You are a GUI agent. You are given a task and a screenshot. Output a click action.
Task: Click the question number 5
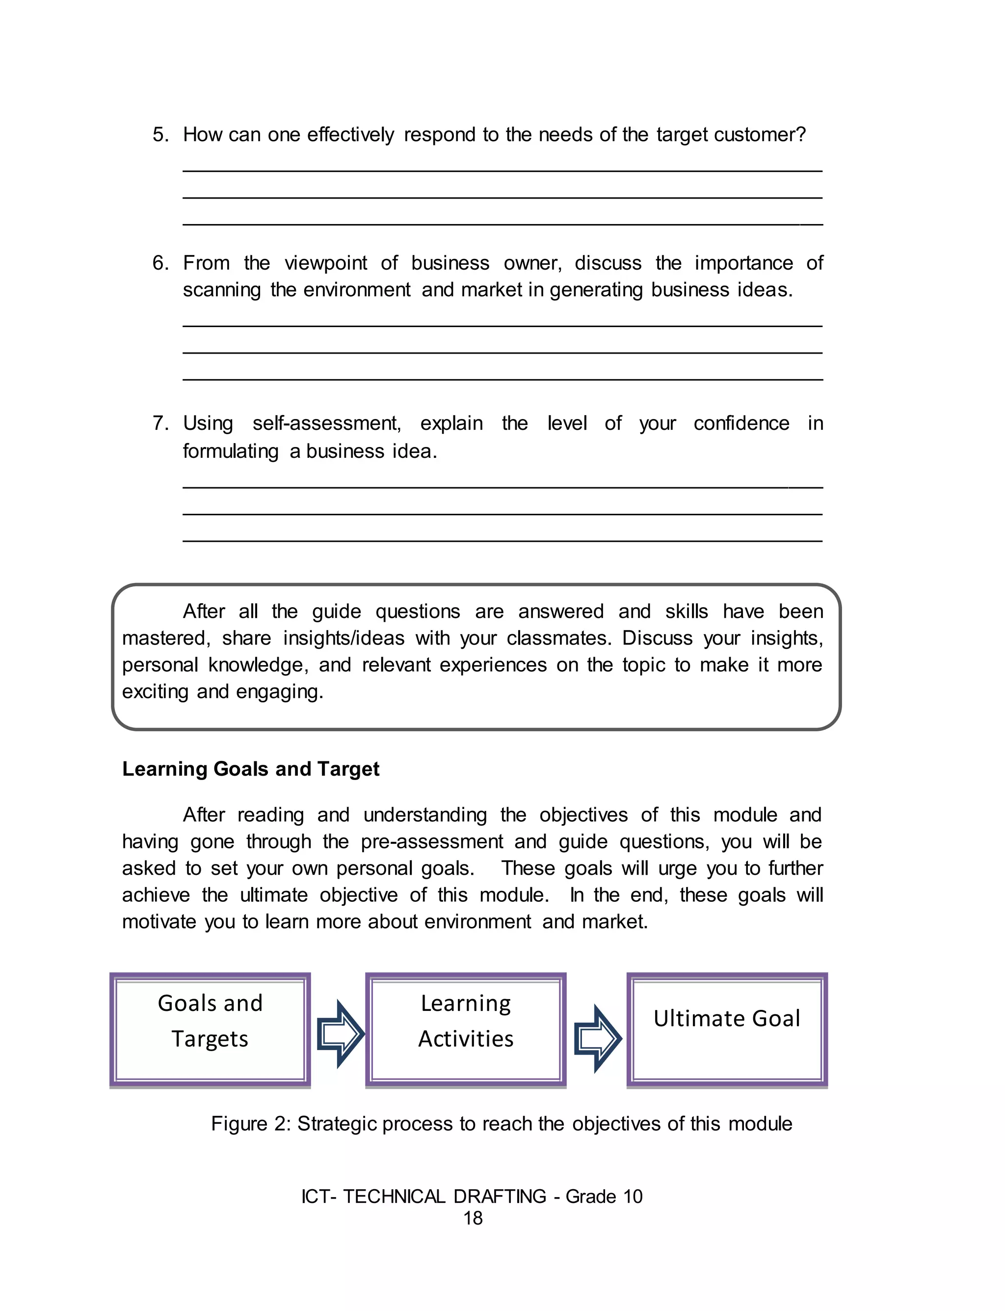coord(160,134)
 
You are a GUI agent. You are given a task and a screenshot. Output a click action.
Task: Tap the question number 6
coord(160,263)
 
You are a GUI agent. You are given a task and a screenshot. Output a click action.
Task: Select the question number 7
coord(160,423)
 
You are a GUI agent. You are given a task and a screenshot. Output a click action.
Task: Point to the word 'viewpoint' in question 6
coord(326,263)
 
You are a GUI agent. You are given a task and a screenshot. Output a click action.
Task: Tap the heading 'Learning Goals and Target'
coord(251,769)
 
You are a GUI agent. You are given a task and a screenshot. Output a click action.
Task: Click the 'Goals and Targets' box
coord(210,1030)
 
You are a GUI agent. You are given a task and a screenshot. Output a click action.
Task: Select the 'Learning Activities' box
coord(465,1030)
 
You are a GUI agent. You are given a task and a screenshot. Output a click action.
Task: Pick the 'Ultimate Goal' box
coord(727,1030)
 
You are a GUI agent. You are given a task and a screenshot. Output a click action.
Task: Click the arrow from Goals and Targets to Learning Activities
coord(340,1033)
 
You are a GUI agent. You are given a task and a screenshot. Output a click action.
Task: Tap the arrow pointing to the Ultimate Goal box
coord(597,1038)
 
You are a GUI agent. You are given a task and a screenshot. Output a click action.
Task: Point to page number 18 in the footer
coord(473,1218)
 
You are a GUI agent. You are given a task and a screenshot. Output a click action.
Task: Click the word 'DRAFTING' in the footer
coord(500,1196)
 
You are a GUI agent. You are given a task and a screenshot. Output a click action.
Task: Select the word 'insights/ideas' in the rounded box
coord(344,638)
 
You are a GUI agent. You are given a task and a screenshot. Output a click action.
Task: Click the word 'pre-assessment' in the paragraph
coord(432,842)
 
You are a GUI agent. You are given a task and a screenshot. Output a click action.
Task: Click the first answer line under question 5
coord(502,171)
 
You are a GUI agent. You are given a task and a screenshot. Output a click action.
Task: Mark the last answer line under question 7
coord(502,541)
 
